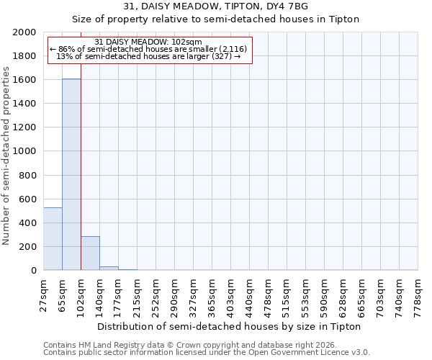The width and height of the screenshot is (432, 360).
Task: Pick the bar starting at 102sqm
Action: [x=90, y=253]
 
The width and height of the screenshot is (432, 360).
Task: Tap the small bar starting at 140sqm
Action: [x=109, y=268]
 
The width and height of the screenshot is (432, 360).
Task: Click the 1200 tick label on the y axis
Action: [x=25, y=127]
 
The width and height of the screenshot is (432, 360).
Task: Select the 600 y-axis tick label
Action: [x=28, y=199]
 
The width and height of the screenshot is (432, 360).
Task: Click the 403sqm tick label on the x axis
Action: [x=230, y=294]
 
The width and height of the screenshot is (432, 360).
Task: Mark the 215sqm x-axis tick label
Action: [x=137, y=294]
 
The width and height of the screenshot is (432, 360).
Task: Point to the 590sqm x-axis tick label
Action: [x=324, y=294]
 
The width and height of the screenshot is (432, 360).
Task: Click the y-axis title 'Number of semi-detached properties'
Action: [x=6, y=156]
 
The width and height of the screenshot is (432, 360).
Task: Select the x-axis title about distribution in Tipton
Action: [x=228, y=326]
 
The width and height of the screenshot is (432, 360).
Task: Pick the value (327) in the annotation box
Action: [x=220, y=56]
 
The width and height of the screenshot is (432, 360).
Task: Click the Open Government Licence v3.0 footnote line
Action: [x=206, y=353]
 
